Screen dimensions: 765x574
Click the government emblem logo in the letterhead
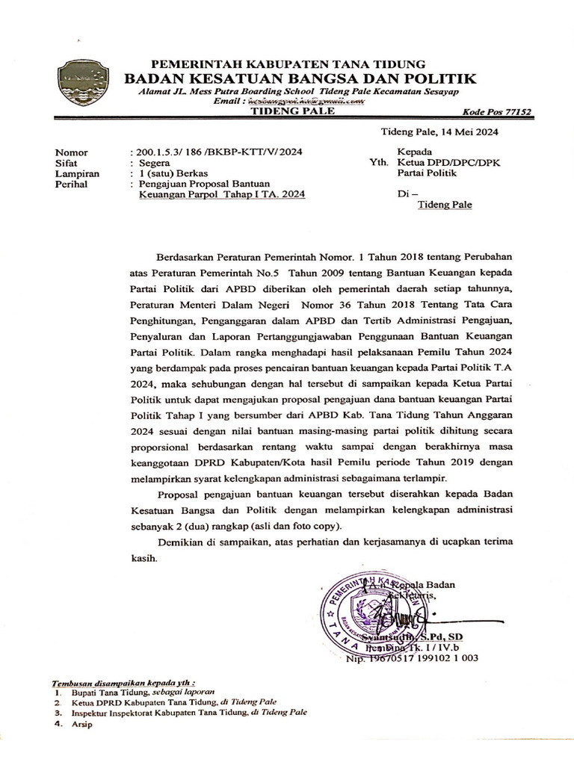coord(82,82)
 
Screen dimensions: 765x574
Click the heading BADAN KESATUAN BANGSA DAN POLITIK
coord(300,78)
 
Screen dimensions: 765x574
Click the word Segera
coord(154,162)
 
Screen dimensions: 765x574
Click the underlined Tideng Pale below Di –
coord(444,204)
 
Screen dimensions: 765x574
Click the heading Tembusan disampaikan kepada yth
coord(124,683)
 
